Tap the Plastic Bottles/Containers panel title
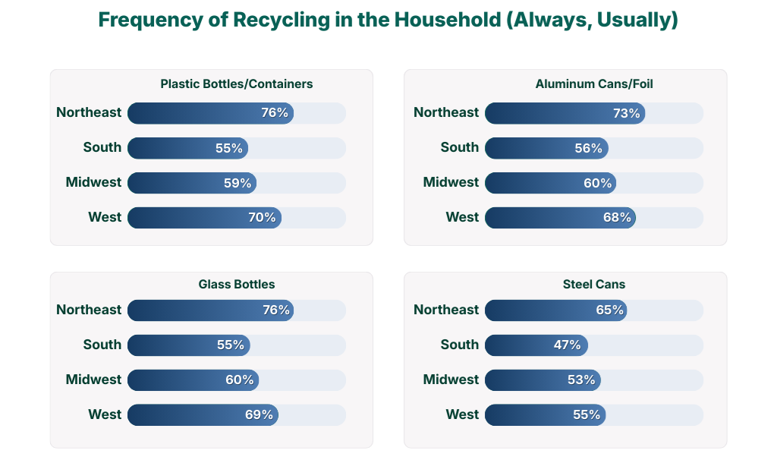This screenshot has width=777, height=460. coord(236,84)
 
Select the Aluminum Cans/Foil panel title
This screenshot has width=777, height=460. coord(594,84)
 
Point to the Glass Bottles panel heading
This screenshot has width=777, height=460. coord(236,285)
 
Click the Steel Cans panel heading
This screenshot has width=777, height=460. coord(594,285)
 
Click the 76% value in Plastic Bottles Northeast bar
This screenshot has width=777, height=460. coord(275,112)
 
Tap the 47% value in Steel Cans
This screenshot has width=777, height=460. coord(567,345)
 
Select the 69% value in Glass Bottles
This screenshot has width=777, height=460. coord(259,414)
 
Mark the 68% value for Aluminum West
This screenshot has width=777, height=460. coord(617,217)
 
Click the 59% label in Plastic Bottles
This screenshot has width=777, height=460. coord(238,183)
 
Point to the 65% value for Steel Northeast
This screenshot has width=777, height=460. coord(609,310)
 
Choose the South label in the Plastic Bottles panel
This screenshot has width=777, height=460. coord(102,147)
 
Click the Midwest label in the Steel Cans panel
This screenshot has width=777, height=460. coord(451,380)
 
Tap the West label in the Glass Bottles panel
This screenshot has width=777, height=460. coord(105,414)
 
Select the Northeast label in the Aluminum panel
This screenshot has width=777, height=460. coord(446,112)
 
